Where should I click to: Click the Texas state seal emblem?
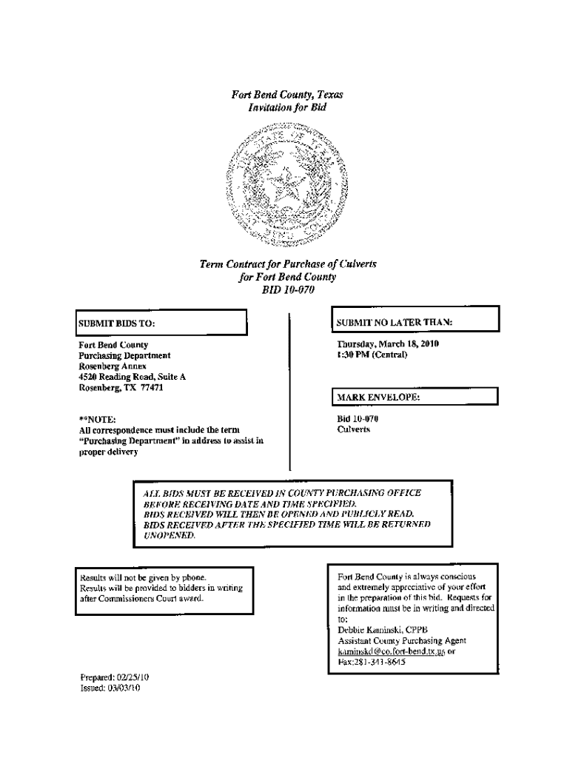point(285,186)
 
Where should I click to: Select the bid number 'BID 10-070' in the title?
point(288,289)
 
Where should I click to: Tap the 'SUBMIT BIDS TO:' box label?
point(118,323)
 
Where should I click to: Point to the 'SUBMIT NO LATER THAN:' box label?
point(395,322)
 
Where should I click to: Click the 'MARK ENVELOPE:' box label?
point(379,398)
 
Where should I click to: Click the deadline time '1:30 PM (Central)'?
point(372,355)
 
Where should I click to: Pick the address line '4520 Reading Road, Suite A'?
point(133,377)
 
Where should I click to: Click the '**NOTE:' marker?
point(97,419)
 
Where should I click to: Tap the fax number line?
point(372,662)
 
